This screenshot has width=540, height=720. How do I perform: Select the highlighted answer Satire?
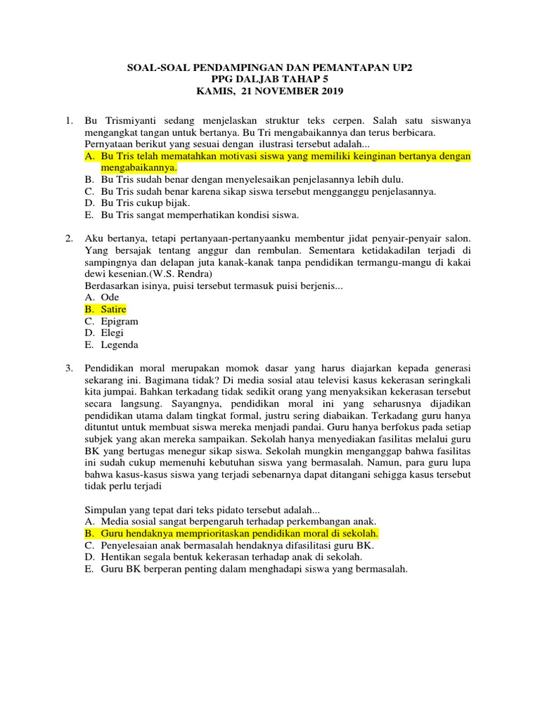(114, 309)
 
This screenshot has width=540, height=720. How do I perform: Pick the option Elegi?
(112, 333)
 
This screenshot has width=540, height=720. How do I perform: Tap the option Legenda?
(120, 345)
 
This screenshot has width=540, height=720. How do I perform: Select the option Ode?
(110, 297)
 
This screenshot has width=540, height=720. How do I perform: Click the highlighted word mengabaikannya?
(139, 168)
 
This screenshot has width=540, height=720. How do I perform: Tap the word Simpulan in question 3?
(106, 509)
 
